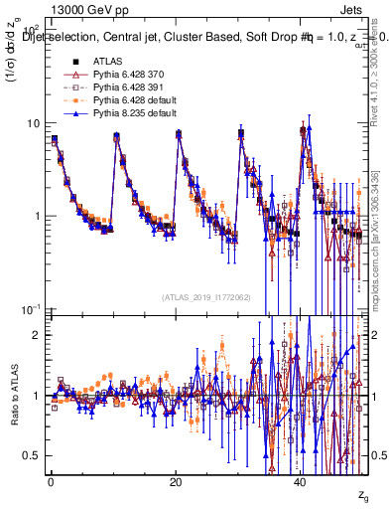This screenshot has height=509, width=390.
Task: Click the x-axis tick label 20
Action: tap(176, 481)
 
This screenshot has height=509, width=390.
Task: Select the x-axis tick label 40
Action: tap(302, 481)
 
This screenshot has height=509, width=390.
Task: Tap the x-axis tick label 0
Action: tap(51, 481)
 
